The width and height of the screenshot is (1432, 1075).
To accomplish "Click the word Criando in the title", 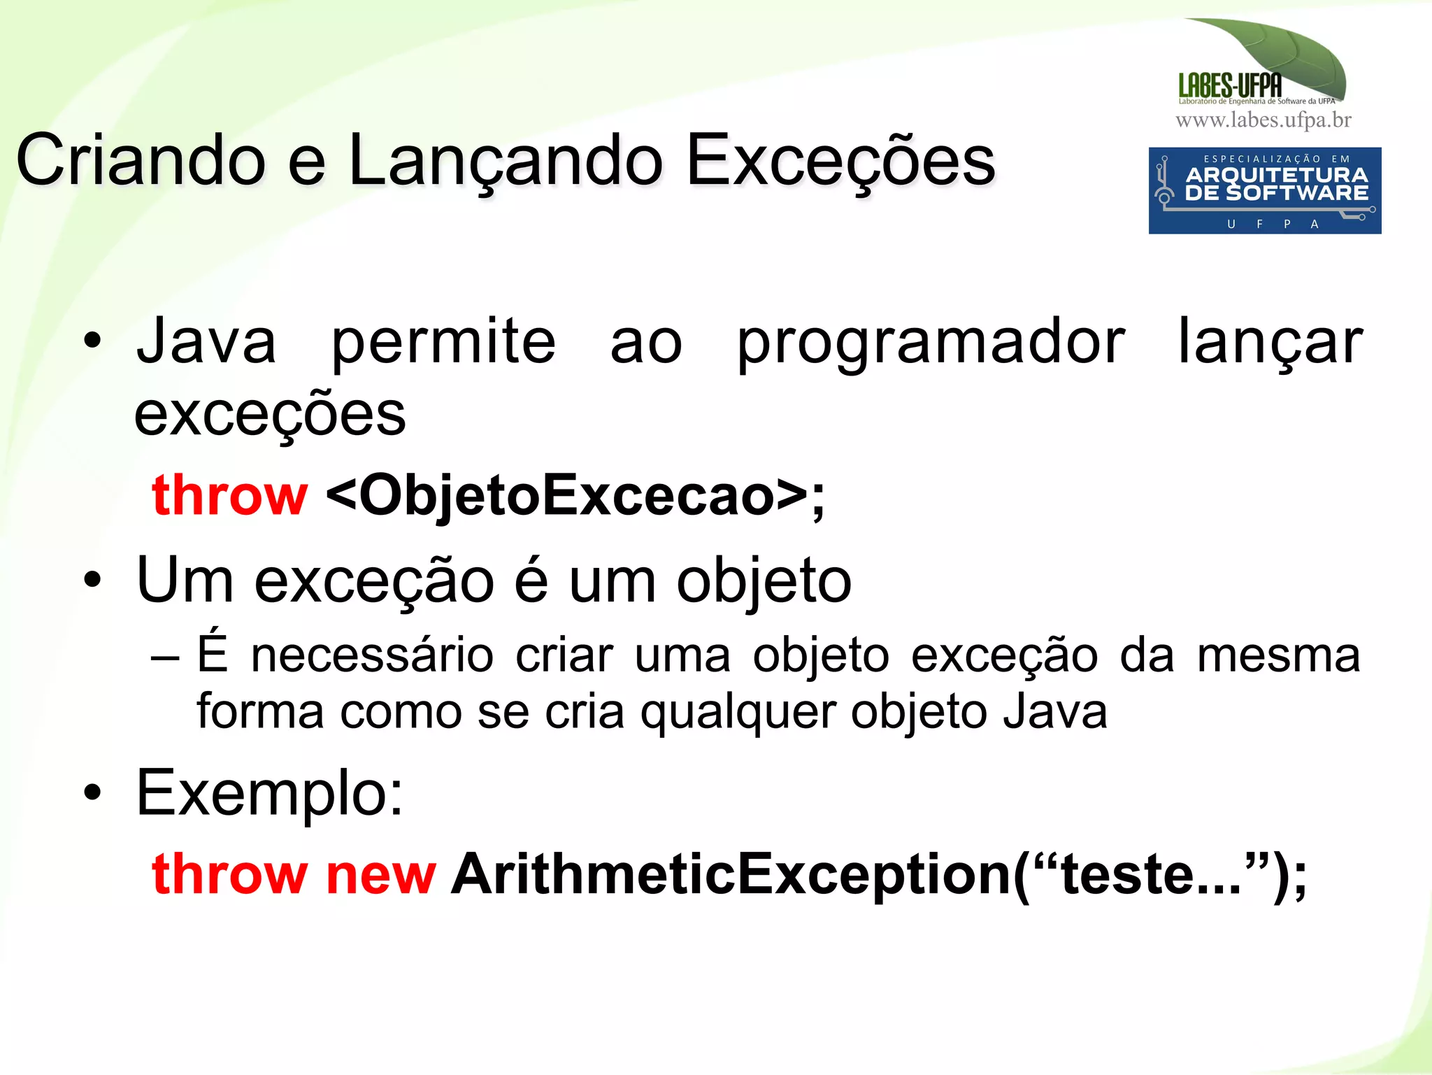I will [140, 161].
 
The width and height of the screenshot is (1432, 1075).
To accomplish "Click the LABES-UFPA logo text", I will [1230, 86].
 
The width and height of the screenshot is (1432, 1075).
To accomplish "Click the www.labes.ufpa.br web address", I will [1263, 120].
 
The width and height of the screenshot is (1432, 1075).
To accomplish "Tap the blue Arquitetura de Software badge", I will [1264, 190].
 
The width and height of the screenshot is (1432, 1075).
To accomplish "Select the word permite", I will [443, 343].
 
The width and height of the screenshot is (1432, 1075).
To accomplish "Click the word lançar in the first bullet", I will [1270, 343].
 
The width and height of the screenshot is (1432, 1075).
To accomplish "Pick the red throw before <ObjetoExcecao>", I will [229, 495].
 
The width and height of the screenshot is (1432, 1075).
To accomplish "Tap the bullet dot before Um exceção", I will [92, 580].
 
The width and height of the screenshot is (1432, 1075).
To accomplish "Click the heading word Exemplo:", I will [270, 793].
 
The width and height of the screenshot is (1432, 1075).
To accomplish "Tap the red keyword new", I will [381, 874].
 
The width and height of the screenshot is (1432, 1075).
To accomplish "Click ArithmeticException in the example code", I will [731, 874].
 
